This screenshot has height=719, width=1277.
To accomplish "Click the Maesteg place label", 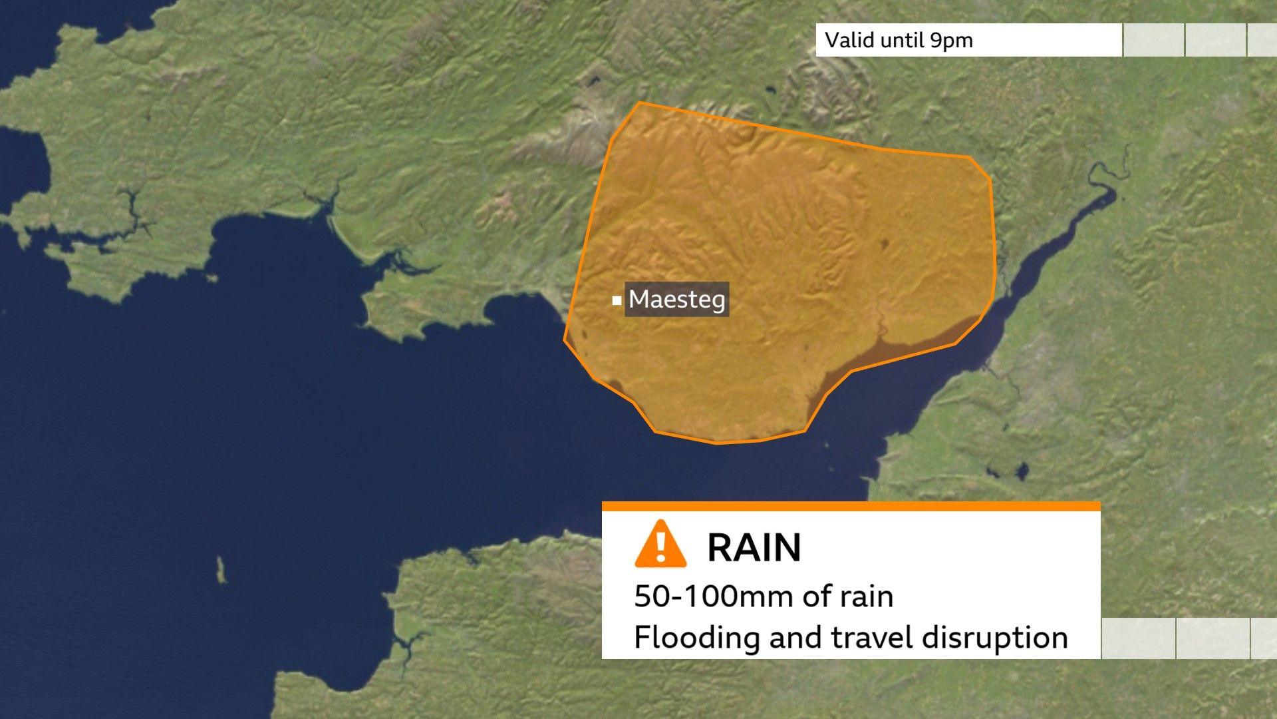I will click(676, 300).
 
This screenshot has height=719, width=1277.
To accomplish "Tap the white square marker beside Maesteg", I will click(617, 301).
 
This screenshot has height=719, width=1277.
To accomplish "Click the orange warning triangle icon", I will click(660, 545).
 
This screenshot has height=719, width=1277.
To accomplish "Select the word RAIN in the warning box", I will click(754, 548).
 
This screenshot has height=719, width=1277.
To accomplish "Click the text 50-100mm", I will click(714, 597).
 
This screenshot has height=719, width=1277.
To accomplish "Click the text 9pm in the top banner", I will click(952, 40).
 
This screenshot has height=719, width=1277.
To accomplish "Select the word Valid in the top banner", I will click(849, 40).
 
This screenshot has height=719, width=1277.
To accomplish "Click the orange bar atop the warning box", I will click(851, 507).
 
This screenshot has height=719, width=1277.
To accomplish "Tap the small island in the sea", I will click(221, 570).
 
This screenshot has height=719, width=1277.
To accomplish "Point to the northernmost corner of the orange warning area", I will click(640, 103).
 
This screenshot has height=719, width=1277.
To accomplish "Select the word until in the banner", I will click(902, 40).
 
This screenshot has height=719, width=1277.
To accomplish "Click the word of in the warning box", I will click(815, 597).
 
